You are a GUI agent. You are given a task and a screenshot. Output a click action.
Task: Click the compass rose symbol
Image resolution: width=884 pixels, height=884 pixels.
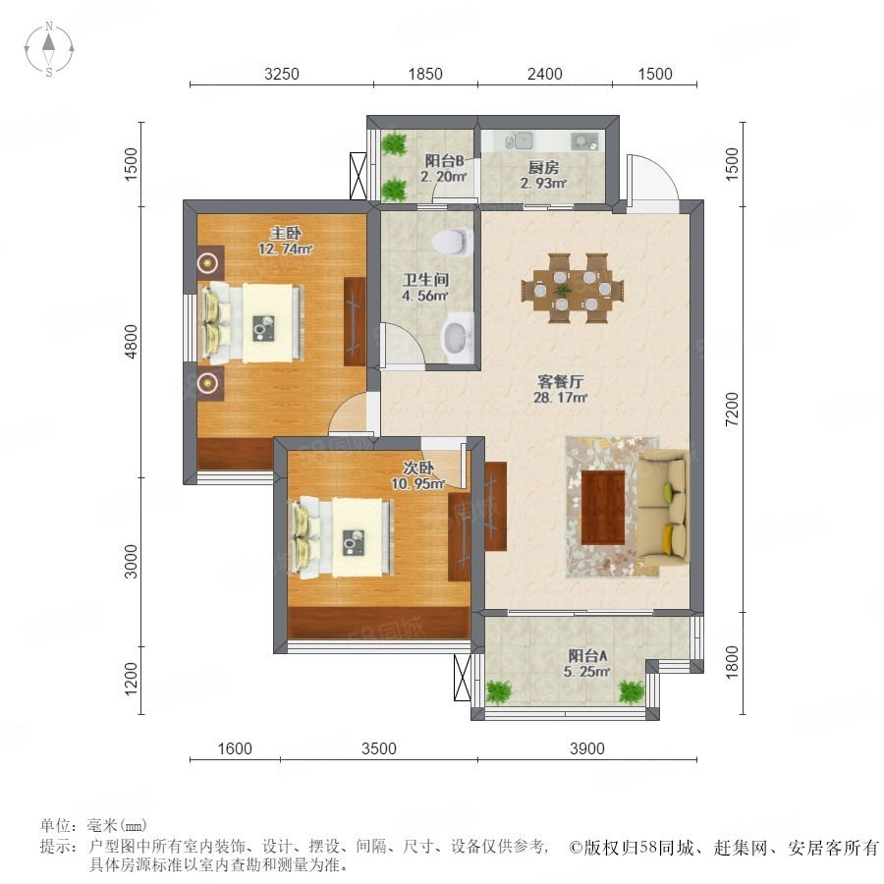click(49, 49)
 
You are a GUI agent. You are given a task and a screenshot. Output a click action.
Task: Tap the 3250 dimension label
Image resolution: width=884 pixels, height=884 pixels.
click(281, 74)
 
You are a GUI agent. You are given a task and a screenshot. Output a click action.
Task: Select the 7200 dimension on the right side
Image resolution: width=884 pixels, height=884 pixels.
click(731, 410)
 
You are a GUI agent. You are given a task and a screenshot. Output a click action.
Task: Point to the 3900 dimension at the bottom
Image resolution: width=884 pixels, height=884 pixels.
click(587, 748)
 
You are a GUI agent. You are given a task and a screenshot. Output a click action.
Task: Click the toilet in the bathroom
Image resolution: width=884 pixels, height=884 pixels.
click(453, 242)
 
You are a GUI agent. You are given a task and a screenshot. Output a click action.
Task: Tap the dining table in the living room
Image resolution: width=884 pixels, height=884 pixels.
click(573, 289)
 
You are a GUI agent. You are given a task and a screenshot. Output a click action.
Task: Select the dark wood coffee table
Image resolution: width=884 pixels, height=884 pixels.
click(603, 507)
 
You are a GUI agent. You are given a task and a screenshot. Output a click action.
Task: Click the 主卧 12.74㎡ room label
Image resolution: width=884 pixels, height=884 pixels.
click(285, 241)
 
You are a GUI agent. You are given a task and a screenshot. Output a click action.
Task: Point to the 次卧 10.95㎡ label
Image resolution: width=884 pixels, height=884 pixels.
click(418, 475)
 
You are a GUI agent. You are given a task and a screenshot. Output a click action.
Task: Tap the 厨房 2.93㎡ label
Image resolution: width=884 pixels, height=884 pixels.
click(543, 176)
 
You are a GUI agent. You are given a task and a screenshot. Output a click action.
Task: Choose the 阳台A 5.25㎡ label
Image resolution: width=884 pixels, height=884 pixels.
click(587, 663)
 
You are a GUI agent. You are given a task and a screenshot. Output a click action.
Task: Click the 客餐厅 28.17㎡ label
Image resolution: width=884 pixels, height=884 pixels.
click(561, 389)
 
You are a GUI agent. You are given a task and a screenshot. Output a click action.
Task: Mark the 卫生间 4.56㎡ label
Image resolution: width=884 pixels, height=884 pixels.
click(425, 288)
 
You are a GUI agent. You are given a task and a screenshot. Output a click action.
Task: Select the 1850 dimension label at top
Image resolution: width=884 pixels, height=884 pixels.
click(425, 74)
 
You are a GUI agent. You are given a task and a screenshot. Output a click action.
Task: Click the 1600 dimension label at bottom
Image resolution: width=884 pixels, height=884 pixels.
click(235, 748)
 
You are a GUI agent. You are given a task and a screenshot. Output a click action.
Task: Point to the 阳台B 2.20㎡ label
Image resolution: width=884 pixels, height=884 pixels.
click(444, 169)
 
